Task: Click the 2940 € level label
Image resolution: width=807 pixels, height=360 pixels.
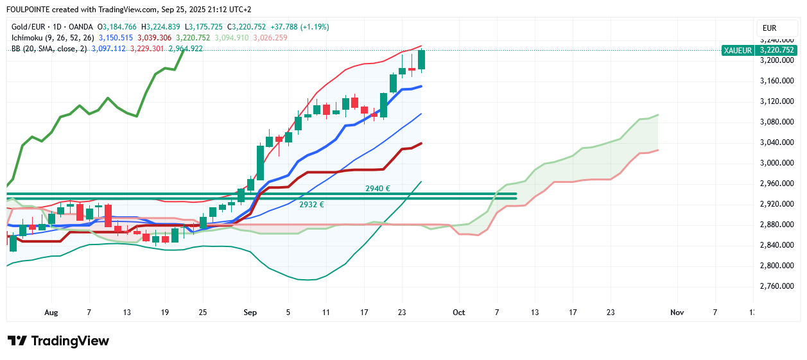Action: pyautogui.click(x=378, y=189)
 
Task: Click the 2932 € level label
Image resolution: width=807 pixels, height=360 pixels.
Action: pyautogui.click(x=311, y=204)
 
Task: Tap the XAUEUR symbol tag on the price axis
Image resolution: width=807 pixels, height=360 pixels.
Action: pyautogui.click(x=737, y=50)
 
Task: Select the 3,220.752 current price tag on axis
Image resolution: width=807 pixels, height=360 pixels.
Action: pyautogui.click(x=777, y=50)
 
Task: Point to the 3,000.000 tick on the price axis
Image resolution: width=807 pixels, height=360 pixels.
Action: pyautogui.click(x=777, y=163)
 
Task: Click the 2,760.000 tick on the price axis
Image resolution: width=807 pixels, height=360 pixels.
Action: pyautogui.click(x=777, y=286)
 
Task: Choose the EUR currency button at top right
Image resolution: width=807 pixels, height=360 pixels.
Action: pyautogui.click(x=769, y=28)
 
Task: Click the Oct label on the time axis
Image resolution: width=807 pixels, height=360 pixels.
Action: pyautogui.click(x=458, y=313)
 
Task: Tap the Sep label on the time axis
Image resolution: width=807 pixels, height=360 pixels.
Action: pyautogui.click(x=250, y=313)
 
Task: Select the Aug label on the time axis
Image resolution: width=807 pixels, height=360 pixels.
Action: pyautogui.click(x=51, y=313)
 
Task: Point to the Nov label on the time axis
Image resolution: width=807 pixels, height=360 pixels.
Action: pyautogui.click(x=677, y=313)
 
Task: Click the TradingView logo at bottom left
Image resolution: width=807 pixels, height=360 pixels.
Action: pyautogui.click(x=58, y=341)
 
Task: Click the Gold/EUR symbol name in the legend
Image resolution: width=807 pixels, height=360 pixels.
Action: pyautogui.click(x=29, y=27)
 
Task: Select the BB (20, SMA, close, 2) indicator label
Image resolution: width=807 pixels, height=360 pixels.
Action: pyautogui.click(x=49, y=49)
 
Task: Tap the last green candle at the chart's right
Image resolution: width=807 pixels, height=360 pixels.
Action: pyautogui.click(x=422, y=60)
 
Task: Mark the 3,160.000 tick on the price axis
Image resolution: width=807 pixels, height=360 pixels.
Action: pyautogui.click(x=777, y=81)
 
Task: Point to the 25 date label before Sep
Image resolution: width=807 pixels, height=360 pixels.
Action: pyautogui.click(x=204, y=313)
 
